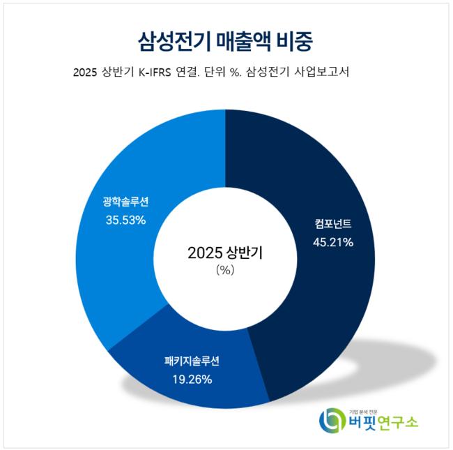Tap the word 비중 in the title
pyautogui.click(x=298, y=38)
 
